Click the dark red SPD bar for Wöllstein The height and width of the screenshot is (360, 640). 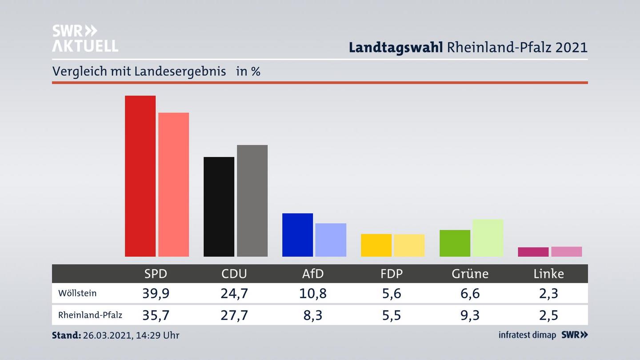click(140, 176)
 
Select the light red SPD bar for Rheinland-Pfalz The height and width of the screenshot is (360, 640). click(173, 184)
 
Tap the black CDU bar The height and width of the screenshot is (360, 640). click(219, 207)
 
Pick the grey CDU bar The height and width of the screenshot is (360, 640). click(252, 200)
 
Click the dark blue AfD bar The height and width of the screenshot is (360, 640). click(297, 235)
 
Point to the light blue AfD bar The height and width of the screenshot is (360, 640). click(331, 240)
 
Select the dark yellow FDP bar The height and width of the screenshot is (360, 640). click(376, 245)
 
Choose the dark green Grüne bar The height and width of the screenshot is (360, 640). click(455, 243)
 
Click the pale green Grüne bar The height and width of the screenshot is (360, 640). click(488, 238)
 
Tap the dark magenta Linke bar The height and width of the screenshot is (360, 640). click(533, 252)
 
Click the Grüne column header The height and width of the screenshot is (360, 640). click(470, 274)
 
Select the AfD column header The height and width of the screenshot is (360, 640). click(313, 274)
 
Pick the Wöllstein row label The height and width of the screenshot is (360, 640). click(77, 293)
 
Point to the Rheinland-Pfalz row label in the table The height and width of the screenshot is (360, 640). click(90, 315)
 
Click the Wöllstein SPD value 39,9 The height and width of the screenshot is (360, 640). click(156, 293)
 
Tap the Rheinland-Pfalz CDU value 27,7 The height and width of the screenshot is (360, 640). click(234, 315)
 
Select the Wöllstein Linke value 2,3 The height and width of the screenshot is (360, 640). click(548, 293)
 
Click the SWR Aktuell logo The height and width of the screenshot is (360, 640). click(85, 38)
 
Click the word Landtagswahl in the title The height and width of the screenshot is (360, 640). click(396, 47)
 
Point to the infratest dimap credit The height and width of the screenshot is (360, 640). click(527, 335)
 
